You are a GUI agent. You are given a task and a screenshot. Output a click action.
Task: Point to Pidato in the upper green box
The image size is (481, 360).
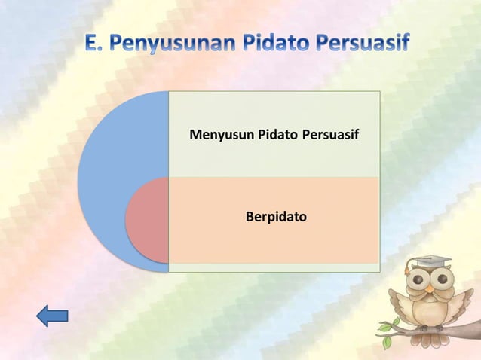pyautogui.click(x=278, y=136)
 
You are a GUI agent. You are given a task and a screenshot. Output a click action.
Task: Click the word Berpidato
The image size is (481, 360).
pyautogui.click(x=276, y=217)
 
